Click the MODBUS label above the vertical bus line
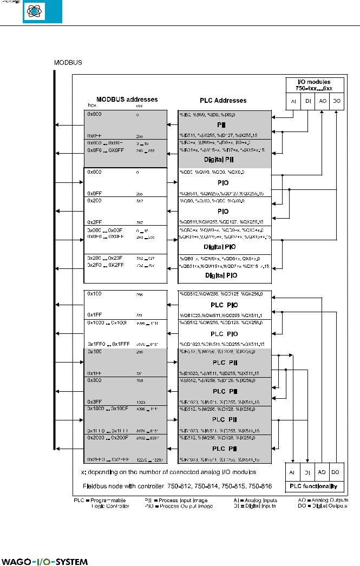[x=68, y=63]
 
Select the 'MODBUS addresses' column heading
[x=123, y=100]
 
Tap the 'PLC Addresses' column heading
[x=223, y=100]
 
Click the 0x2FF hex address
[x=94, y=221]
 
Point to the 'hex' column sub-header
[x=92, y=106]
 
